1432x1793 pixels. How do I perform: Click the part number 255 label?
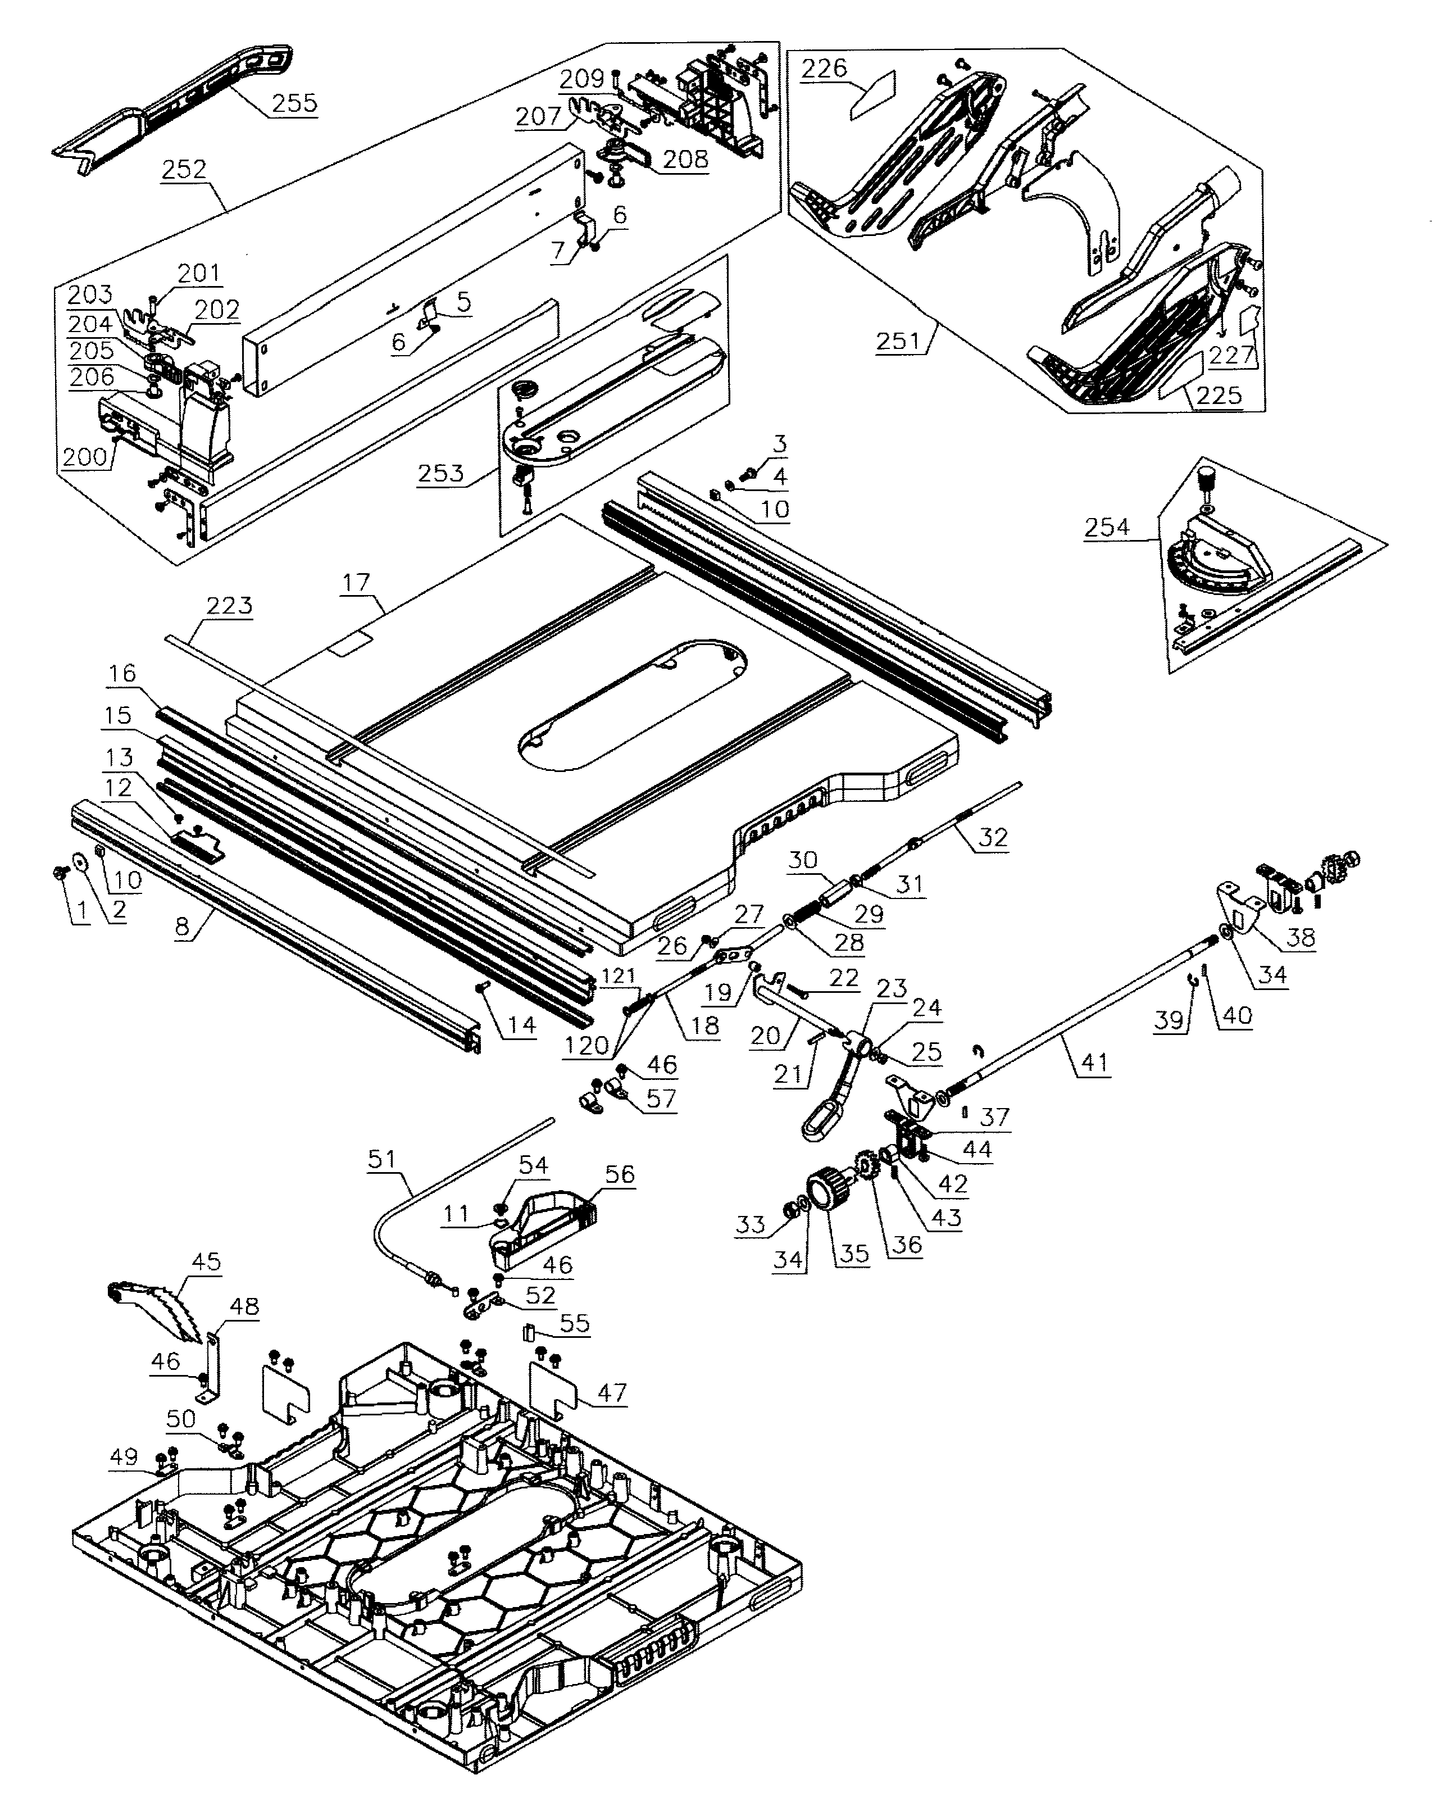[x=294, y=103]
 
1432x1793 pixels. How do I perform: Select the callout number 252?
[x=184, y=170]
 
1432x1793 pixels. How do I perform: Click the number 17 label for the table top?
[x=356, y=583]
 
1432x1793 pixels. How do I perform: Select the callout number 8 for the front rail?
[x=182, y=927]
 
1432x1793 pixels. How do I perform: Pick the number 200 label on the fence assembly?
[x=85, y=457]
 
